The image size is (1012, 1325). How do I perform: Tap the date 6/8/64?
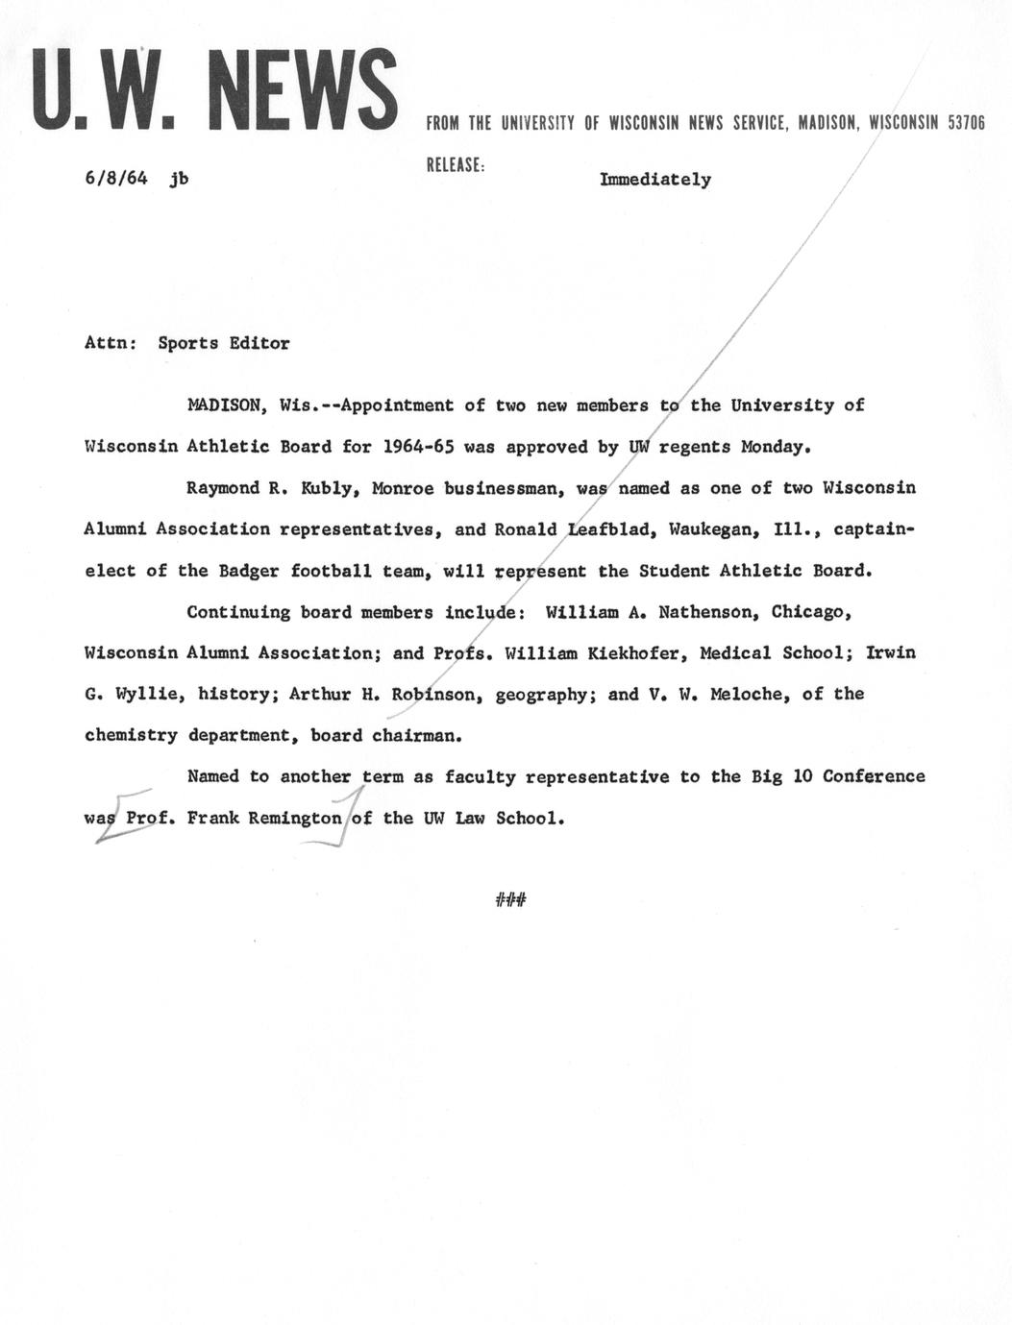pyautogui.click(x=115, y=178)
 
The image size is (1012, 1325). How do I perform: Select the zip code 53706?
pyautogui.click(x=966, y=123)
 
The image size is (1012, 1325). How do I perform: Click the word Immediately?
pyautogui.click(x=655, y=180)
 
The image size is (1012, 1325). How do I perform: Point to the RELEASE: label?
pyautogui.click(x=456, y=164)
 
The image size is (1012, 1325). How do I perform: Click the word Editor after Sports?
pyautogui.click(x=259, y=343)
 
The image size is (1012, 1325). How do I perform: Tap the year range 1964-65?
pyautogui.click(x=418, y=447)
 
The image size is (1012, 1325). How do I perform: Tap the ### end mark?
pyautogui.click(x=510, y=899)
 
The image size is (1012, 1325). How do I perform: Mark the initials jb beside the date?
pyautogui.click(x=178, y=178)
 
